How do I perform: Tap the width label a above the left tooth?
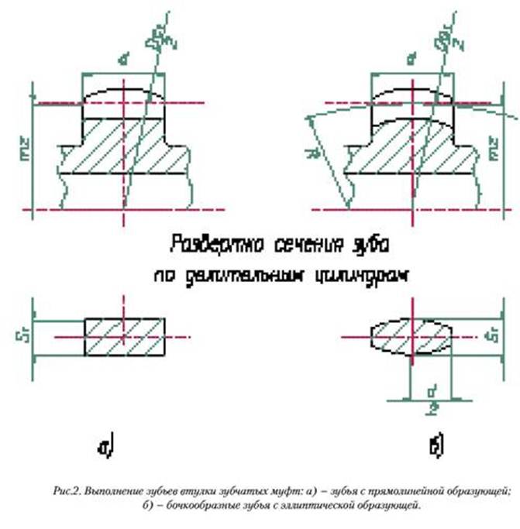(121, 57)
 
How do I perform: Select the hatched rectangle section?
(124, 336)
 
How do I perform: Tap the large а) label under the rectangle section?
(105, 447)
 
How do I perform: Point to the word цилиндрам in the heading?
(369, 274)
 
